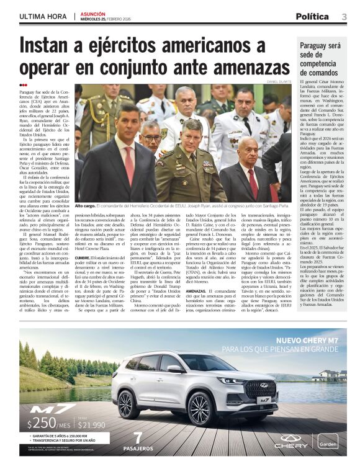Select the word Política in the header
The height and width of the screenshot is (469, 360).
312,17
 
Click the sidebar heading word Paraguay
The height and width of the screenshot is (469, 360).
318,46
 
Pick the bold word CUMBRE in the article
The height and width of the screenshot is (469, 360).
84,257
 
